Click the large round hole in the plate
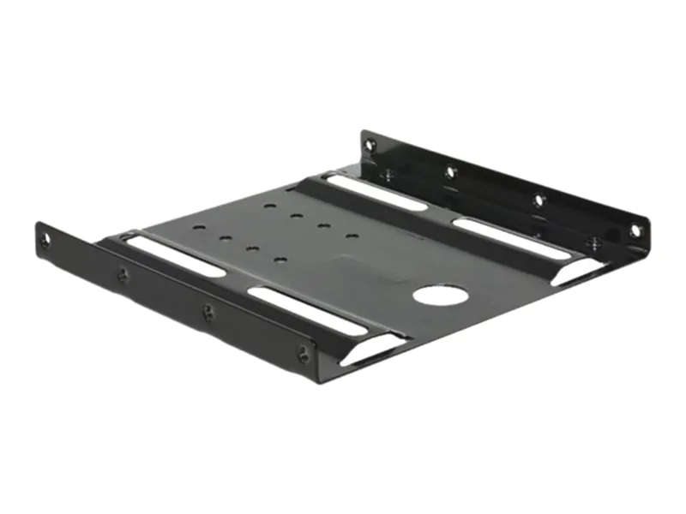[440, 296]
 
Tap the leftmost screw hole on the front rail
[44, 241]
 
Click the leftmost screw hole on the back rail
[370, 146]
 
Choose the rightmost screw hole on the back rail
[635, 230]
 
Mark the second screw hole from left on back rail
[450, 171]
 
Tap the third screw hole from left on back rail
[539, 200]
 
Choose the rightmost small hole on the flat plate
[351, 235]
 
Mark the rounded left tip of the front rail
[39, 233]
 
